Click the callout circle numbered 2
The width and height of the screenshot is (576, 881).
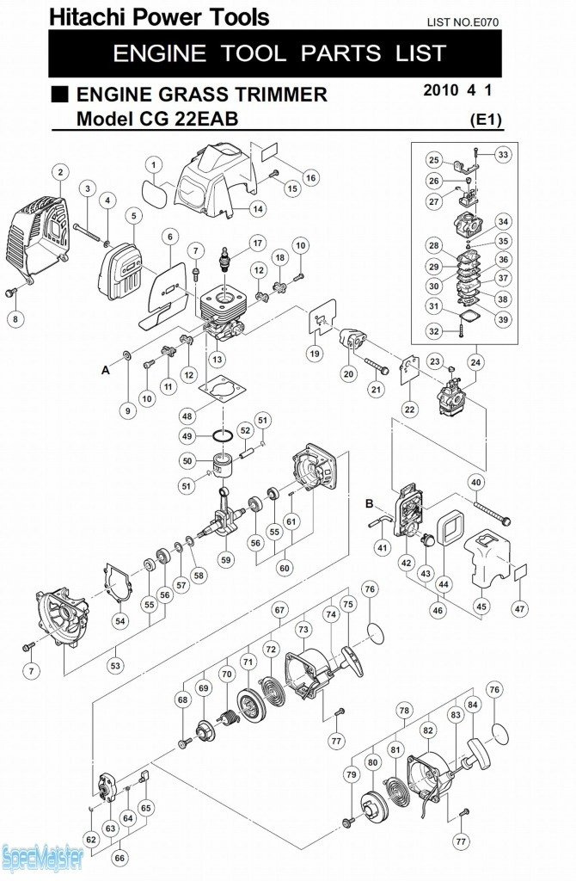coord(59,172)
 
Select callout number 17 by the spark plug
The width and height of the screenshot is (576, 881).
coord(256,242)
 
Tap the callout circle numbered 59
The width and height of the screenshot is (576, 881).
coord(226,559)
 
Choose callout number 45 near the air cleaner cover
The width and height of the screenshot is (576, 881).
coord(481,607)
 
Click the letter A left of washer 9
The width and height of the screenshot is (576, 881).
coord(106,370)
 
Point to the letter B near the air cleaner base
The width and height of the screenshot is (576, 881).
coord(369,503)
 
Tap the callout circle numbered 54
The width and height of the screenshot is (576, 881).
coord(120,620)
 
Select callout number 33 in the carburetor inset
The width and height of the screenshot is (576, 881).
coord(503,155)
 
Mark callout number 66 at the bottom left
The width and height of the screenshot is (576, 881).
coord(119,858)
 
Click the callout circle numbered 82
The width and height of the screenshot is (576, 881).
coord(426,730)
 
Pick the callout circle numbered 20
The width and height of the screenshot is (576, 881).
coord(348,373)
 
